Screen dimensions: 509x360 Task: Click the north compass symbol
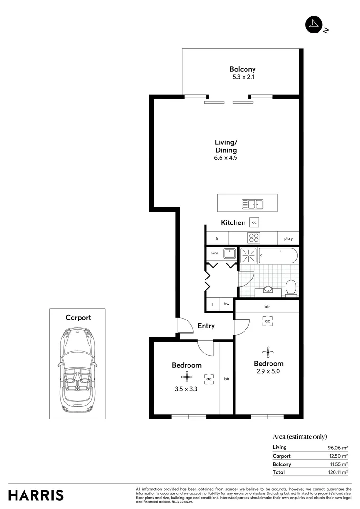(x=313, y=25)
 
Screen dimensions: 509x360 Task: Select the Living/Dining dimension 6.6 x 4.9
(x=226, y=158)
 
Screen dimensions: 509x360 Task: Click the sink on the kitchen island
(x=252, y=204)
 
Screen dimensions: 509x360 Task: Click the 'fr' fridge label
(x=217, y=239)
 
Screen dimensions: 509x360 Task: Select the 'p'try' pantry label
(x=288, y=239)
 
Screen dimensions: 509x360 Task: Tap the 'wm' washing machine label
(x=214, y=254)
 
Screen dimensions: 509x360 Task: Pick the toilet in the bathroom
(x=291, y=288)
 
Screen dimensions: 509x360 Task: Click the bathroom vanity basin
(x=269, y=289)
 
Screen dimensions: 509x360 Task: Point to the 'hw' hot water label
(x=227, y=304)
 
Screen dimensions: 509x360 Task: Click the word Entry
(x=206, y=326)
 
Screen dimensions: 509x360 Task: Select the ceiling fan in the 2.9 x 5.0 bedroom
(x=268, y=351)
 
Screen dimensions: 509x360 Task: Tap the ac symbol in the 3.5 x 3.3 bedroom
(x=209, y=378)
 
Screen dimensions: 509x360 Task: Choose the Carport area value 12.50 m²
(x=338, y=456)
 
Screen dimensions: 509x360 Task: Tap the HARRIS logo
(x=36, y=495)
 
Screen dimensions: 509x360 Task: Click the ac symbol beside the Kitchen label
(x=254, y=222)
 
